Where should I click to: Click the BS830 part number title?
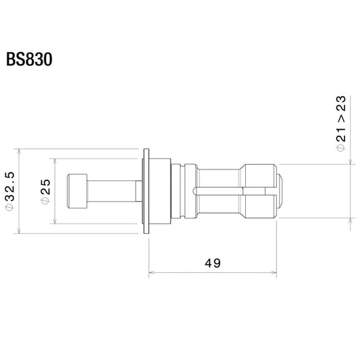point(29,59)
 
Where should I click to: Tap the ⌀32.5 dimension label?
point(10,191)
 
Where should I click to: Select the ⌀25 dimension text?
point(45,191)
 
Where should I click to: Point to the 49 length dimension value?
point(213,263)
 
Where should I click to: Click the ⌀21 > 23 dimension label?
point(340,124)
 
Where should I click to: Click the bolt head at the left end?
point(77,191)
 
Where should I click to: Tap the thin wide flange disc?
point(146,191)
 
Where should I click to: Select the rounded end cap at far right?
point(280,191)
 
